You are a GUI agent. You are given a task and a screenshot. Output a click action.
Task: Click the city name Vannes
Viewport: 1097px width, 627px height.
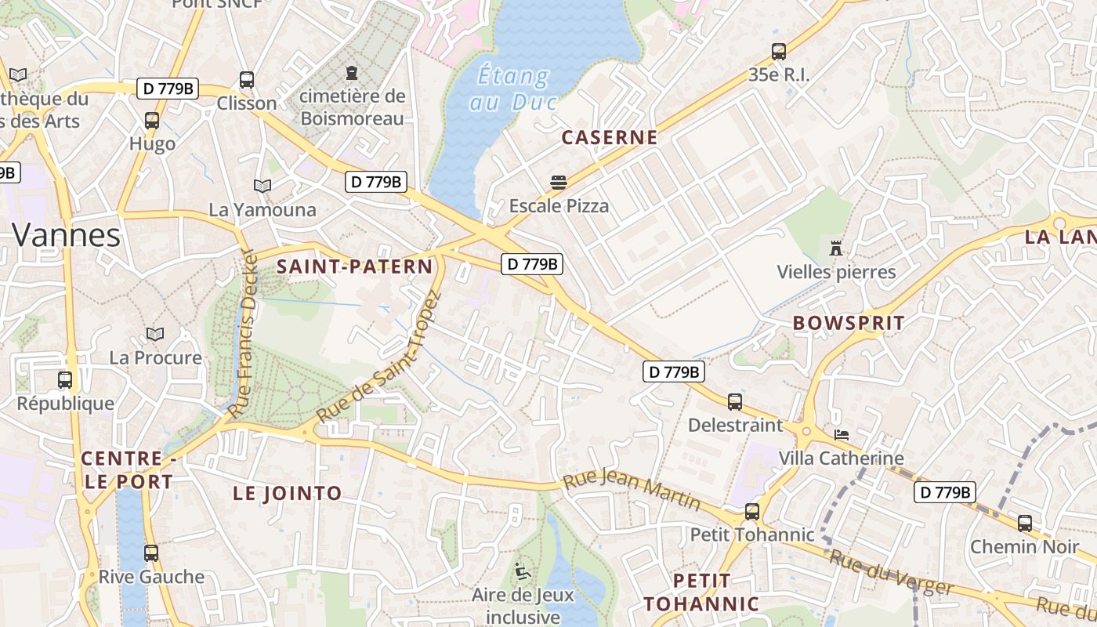(x=67, y=234)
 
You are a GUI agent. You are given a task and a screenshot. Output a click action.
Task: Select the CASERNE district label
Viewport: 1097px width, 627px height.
(x=609, y=138)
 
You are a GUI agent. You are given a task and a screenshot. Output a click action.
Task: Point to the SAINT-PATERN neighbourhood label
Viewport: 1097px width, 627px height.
(x=354, y=266)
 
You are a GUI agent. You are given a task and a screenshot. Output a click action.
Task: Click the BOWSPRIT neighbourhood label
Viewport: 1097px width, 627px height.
(x=849, y=323)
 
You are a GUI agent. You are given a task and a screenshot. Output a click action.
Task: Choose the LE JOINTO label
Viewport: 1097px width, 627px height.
(x=288, y=493)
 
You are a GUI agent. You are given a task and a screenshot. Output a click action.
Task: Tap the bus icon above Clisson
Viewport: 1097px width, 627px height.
(x=247, y=79)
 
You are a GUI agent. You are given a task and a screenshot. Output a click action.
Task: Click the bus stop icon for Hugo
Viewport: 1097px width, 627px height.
(x=152, y=121)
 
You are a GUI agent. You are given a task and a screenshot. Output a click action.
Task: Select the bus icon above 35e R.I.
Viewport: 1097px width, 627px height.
(x=778, y=52)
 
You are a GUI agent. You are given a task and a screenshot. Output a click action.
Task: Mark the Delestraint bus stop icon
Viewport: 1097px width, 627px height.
(x=735, y=402)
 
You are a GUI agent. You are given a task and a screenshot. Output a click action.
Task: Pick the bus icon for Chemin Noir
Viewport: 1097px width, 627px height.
(x=1024, y=524)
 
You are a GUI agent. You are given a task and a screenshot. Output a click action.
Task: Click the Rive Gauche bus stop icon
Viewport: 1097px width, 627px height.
(x=151, y=553)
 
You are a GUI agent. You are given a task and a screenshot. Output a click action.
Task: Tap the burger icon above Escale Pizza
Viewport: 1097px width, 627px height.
(x=559, y=183)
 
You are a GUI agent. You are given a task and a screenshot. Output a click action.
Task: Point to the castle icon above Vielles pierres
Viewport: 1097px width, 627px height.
(x=836, y=248)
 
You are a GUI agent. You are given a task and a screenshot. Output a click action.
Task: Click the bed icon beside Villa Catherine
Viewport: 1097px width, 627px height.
(x=842, y=434)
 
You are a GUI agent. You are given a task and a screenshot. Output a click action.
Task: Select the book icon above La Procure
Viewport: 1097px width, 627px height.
(x=155, y=335)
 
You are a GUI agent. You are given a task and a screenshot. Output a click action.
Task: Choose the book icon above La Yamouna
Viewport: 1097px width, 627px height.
(x=262, y=186)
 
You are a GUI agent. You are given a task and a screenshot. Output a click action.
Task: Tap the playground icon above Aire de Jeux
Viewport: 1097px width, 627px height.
(x=522, y=571)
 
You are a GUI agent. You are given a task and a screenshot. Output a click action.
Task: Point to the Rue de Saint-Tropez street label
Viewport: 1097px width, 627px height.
(x=379, y=357)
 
